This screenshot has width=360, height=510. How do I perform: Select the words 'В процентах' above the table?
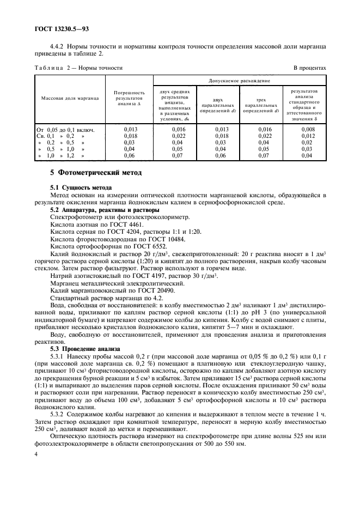(x=309, y=68)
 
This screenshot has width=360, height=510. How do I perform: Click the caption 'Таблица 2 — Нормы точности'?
(x=78, y=68)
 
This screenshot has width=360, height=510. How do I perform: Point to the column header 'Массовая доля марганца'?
(x=66, y=98)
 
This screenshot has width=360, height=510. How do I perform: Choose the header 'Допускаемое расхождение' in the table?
(x=240, y=80)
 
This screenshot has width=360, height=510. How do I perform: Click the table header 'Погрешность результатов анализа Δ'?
(x=129, y=98)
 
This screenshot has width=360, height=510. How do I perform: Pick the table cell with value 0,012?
(x=308, y=136)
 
